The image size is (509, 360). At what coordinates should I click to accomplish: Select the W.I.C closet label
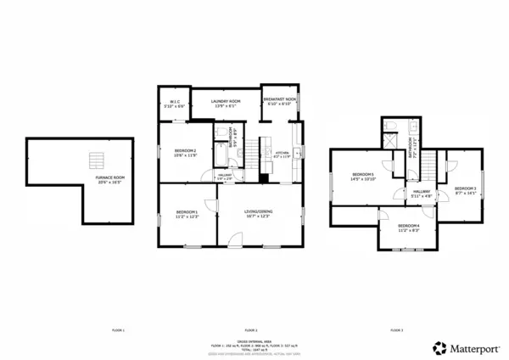point(173,104)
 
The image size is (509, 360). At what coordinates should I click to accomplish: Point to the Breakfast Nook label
point(279,101)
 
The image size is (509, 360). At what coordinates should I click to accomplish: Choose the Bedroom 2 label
point(185,153)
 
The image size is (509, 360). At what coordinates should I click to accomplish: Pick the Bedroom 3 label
point(464,190)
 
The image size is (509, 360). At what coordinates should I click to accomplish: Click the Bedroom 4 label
point(409,227)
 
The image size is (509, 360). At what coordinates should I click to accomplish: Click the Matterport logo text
point(471,348)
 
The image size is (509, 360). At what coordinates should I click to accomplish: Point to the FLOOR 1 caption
point(119,329)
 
